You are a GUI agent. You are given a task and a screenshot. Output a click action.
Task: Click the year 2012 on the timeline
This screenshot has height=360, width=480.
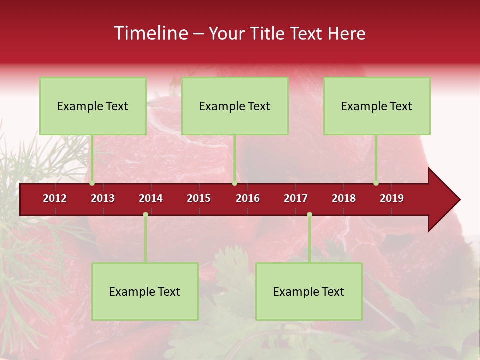[55, 198]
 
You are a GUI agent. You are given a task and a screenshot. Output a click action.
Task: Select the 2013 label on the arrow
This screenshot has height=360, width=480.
[103, 198]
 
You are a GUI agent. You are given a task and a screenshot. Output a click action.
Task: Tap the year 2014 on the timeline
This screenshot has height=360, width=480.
[151, 198]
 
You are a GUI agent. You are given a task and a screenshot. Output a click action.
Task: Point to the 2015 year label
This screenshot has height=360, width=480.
[199, 198]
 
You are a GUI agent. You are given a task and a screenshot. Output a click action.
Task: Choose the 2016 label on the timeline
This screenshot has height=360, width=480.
[248, 198]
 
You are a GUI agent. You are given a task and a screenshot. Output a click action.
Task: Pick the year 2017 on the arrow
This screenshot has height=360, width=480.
[296, 198]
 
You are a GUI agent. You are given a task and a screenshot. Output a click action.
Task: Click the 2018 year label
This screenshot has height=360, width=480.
[344, 198]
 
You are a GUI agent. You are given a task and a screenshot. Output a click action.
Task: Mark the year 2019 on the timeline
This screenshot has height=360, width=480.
[392, 198]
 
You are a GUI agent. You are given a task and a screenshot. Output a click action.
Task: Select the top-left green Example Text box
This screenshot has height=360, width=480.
[93, 106]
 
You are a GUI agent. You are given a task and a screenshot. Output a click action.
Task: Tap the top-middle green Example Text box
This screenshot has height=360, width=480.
[235, 106]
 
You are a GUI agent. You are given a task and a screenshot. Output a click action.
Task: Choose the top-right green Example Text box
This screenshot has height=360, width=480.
[377, 106]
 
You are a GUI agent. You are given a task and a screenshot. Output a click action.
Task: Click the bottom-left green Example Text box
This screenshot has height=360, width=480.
[145, 291]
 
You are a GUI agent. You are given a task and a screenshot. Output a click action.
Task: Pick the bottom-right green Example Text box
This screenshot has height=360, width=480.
[309, 291]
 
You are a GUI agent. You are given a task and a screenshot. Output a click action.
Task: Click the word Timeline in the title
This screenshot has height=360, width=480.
[150, 33]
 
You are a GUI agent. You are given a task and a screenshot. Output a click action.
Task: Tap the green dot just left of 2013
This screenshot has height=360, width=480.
[92, 183]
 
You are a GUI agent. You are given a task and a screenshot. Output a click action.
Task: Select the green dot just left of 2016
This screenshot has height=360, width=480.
[234, 183]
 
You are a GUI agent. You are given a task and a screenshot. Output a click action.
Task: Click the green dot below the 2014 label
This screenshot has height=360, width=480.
[145, 215]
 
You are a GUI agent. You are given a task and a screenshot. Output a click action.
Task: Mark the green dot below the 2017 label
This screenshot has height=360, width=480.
[309, 215]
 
